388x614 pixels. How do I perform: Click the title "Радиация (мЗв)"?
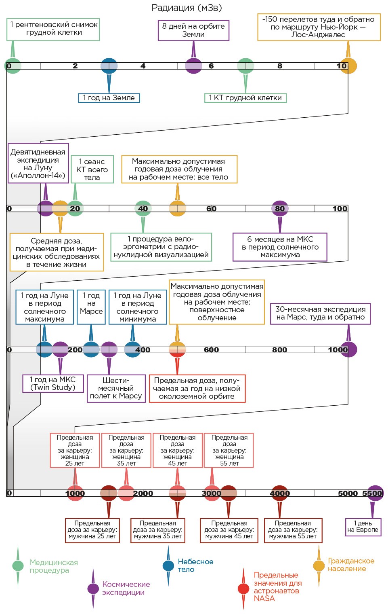(187, 8)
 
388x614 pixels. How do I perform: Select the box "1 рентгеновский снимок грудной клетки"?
(53, 29)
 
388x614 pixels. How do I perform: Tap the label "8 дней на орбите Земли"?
(193, 30)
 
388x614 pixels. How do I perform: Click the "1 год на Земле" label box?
(109, 98)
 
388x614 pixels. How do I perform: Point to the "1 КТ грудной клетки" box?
(245, 98)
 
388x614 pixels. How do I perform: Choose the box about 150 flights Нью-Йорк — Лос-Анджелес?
(319, 27)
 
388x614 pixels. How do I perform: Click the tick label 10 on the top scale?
(341, 66)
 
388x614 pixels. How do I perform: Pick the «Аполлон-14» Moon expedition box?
(38, 163)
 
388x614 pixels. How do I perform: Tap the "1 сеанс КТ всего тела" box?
(92, 169)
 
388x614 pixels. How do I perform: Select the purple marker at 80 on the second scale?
(280, 209)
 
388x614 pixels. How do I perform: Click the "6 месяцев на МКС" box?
(280, 247)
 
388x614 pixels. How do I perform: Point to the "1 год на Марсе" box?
(91, 307)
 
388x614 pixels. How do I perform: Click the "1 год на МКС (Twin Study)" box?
(53, 383)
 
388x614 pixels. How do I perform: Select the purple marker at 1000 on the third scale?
(349, 349)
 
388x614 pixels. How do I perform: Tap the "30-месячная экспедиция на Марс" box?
(320, 313)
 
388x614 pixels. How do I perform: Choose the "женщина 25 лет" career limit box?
(75, 450)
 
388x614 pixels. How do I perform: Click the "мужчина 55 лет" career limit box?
(293, 530)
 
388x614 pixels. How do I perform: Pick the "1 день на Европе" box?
(363, 527)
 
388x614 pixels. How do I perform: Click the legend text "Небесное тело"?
(195, 565)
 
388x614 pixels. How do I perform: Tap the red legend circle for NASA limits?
(243, 589)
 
